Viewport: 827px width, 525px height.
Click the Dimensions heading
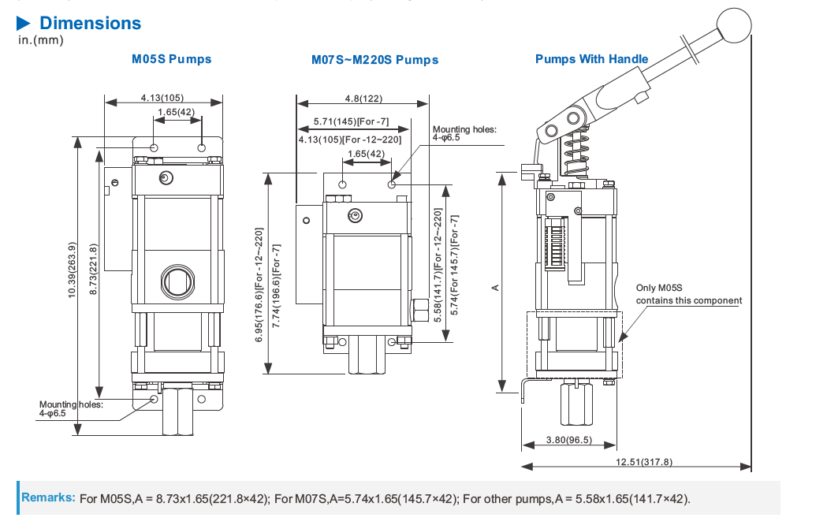coord(90,23)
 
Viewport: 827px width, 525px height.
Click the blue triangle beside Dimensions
coord(24,23)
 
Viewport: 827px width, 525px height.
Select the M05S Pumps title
coord(171,58)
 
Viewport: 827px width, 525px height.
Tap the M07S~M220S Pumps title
coord(374,59)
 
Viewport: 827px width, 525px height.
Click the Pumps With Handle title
coord(591,58)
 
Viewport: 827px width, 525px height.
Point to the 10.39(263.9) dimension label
coord(73,268)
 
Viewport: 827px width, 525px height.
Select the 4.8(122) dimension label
coord(363,99)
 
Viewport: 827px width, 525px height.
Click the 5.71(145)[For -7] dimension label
coord(350,121)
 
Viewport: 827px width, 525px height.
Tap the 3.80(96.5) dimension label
coord(568,440)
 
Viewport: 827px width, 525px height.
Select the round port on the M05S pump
coord(176,279)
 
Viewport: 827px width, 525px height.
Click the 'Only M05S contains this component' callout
coord(688,294)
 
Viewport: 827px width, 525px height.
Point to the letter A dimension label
coord(495,288)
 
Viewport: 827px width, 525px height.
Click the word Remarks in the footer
coord(48,497)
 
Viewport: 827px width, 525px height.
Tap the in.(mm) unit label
coord(39,39)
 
